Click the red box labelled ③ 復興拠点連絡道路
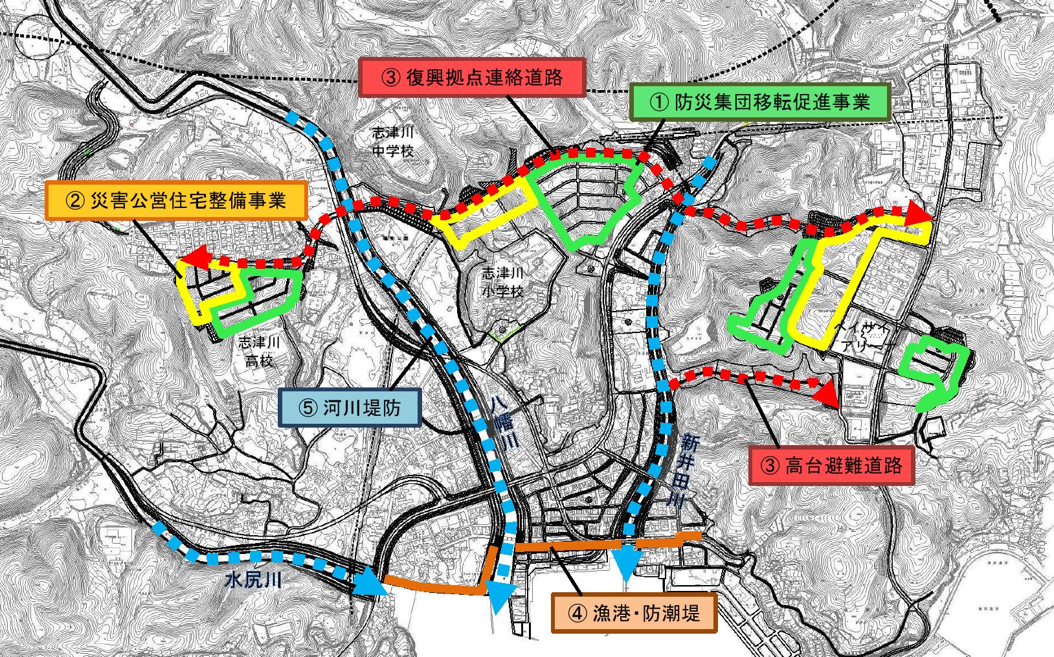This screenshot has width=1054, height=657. tap(473, 78)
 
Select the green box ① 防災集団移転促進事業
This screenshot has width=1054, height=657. tap(760, 102)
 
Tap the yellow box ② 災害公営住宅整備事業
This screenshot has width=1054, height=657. tap(176, 200)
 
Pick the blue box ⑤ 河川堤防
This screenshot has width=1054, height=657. tap(350, 408)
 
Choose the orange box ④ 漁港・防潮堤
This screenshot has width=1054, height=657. tap(634, 612)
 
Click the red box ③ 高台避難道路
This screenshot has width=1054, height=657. tap(831, 465)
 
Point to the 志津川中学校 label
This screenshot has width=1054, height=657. tap(392, 142)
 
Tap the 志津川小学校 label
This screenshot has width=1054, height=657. tap(502, 282)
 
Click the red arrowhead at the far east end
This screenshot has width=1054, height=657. tap(918, 213)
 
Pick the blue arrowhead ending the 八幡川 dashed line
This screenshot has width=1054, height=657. tap(501, 597)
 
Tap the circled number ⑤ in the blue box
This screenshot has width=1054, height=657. tap(308, 408)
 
